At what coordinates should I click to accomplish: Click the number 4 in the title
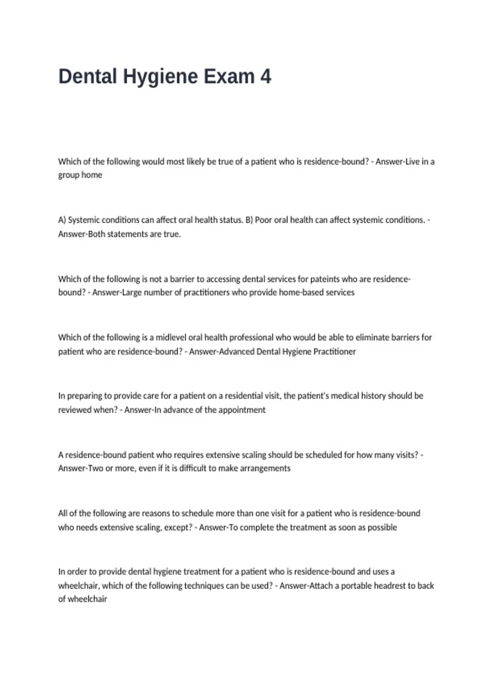tap(266, 77)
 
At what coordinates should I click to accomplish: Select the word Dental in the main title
tap(87, 77)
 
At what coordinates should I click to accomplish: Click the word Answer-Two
tap(81, 469)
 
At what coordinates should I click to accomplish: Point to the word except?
tap(178, 527)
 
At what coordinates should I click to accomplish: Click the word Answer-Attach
tap(306, 586)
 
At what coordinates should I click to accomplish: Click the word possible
tap(382, 527)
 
